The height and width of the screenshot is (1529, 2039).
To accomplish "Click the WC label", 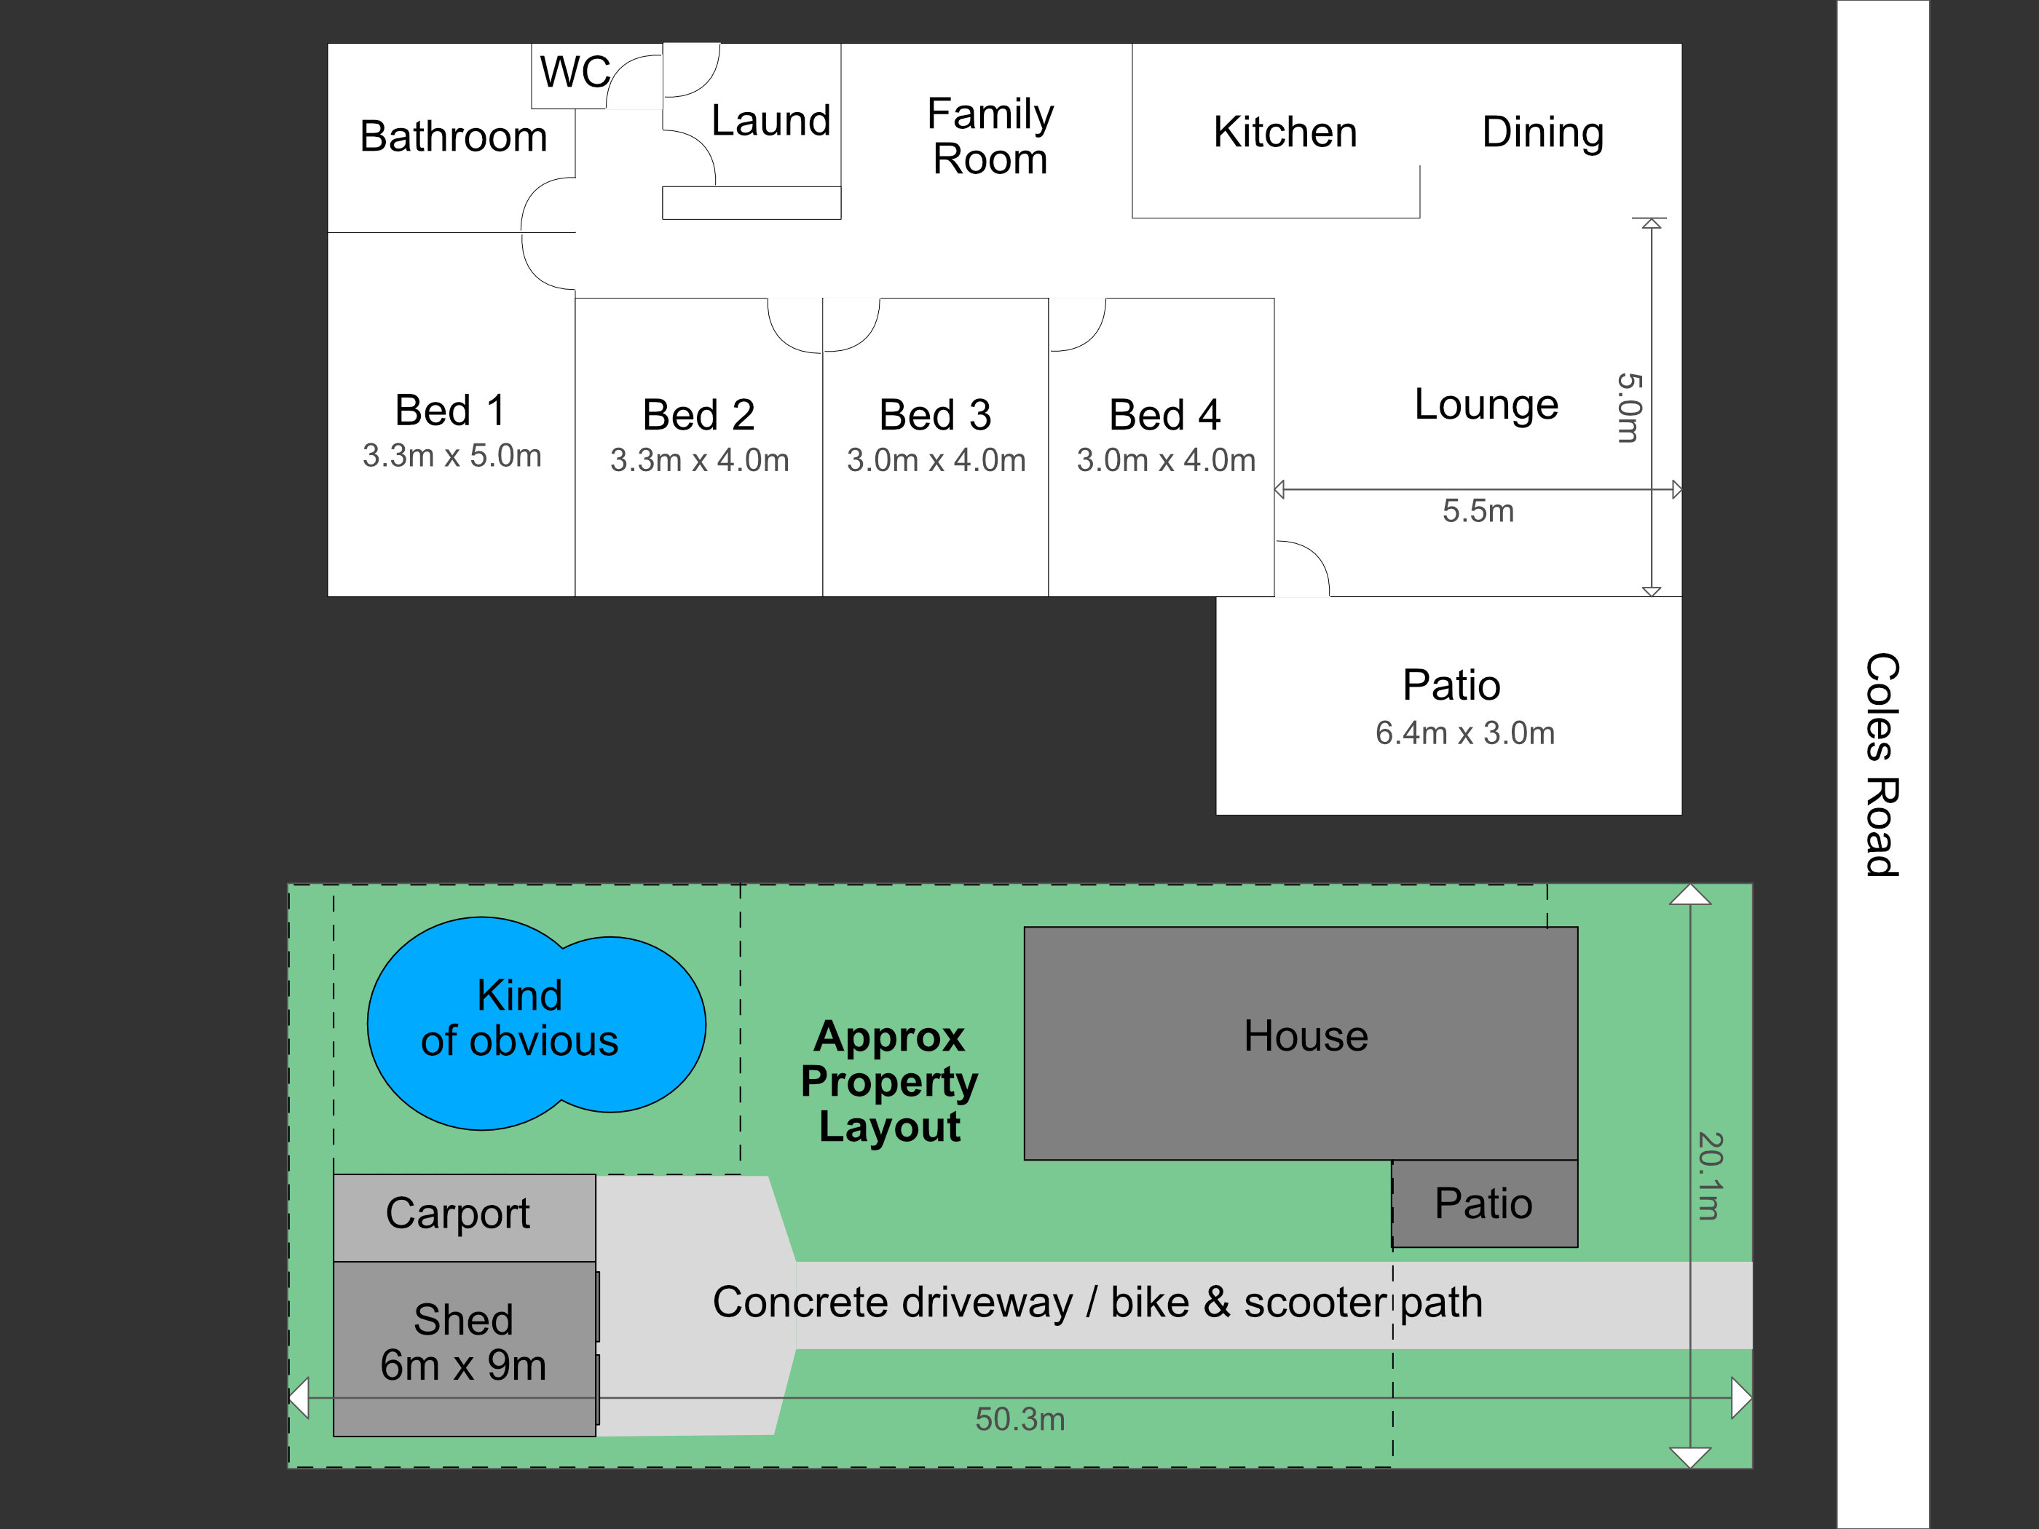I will tap(575, 72).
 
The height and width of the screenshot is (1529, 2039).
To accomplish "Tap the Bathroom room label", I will tap(454, 136).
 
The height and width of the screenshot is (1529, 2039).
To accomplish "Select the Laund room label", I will tap(770, 121).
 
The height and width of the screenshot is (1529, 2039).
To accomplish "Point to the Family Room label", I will tap(990, 136).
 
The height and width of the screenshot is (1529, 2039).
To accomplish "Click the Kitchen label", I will tap(1285, 132).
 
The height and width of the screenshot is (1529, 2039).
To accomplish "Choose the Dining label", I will tap(1542, 132).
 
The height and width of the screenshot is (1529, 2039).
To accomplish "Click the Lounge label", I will tap(1486, 405).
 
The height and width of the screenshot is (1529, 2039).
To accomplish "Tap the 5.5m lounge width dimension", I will tap(1478, 510).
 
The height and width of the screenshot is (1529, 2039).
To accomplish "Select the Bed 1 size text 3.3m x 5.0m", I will tap(451, 455).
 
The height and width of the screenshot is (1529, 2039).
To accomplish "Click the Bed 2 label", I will tap(698, 415).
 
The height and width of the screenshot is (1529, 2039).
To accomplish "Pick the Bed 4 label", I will tap(1164, 415).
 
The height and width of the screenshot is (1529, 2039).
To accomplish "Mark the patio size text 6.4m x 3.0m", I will tap(1464, 732).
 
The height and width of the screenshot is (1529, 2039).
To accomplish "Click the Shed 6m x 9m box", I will tap(464, 1343).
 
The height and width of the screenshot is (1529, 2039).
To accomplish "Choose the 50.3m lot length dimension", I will tap(1019, 1419).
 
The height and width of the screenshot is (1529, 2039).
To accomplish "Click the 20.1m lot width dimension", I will tap(1708, 1176).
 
